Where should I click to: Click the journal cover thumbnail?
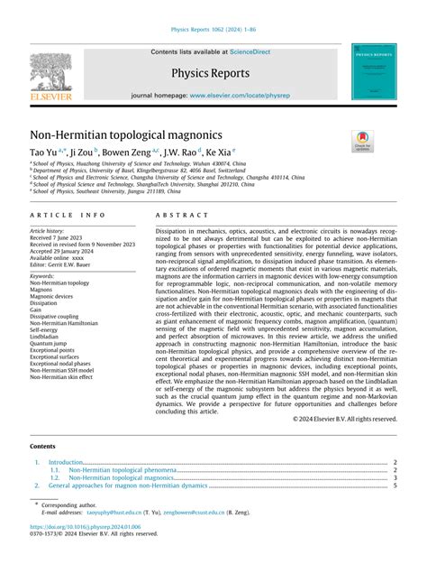click(x=376, y=73)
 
